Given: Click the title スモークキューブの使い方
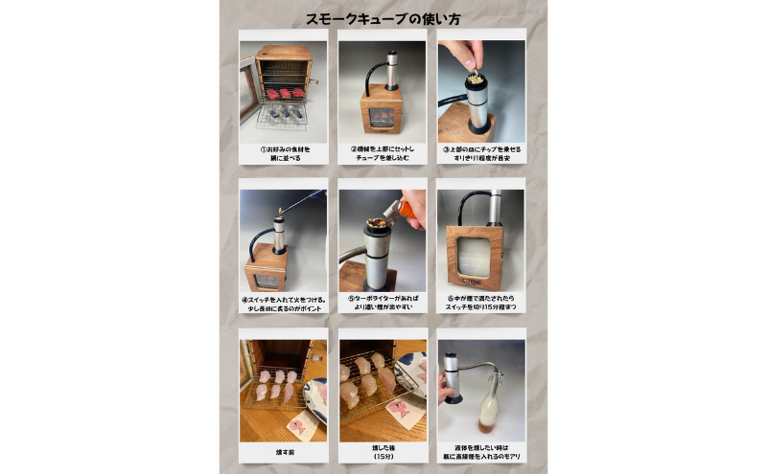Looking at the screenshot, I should (383, 18).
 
